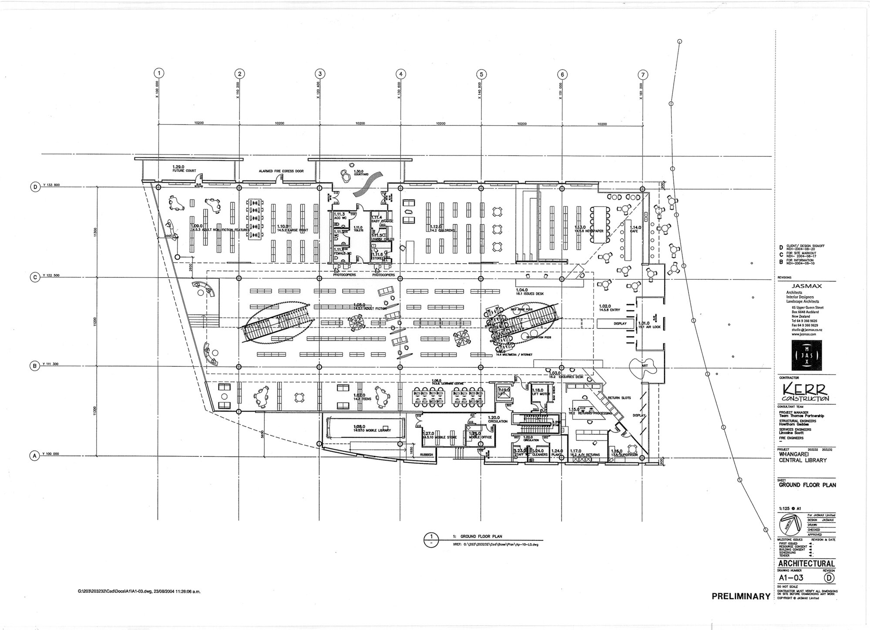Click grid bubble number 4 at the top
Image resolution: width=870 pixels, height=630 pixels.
point(401,74)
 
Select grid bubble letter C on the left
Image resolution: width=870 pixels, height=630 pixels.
point(34,276)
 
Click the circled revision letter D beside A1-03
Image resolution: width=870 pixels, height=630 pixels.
point(830,578)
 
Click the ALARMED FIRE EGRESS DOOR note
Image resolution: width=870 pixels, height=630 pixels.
point(281,171)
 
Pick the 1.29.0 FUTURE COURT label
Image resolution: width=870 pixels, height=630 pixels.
point(178,168)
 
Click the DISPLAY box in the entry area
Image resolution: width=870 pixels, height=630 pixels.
point(620,324)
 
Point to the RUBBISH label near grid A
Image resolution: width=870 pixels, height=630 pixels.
point(426,454)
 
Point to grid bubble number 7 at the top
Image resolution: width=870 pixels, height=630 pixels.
point(643,74)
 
